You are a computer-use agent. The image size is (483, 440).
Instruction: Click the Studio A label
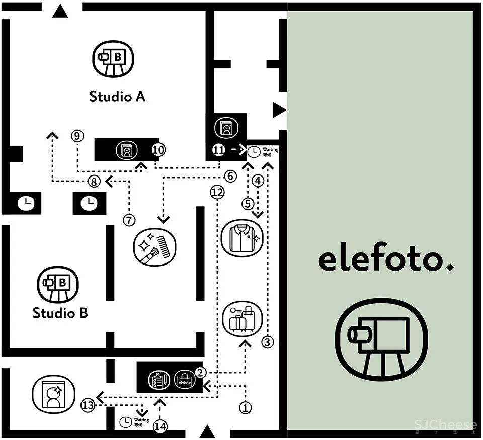(x=117, y=96)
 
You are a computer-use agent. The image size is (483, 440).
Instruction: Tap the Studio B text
(x=60, y=313)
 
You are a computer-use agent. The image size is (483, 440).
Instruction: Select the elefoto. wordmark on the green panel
(x=386, y=259)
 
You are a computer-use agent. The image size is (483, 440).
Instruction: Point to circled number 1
(x=246, y=407)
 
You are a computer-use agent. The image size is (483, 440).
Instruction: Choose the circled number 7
(x=129, y=220)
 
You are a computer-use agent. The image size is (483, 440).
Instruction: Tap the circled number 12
(x=217, y=192)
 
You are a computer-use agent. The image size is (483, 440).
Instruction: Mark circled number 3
(x=268, y=342)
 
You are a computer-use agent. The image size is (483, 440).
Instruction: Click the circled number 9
(x=77, y=136)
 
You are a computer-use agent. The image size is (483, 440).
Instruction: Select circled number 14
(x=160, y=426)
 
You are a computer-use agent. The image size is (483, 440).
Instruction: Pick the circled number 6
(x=230, y=176)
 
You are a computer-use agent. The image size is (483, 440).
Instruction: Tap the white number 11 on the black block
(x=218, y=150)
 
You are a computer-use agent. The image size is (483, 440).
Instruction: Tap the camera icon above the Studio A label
(x=114, y=59)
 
